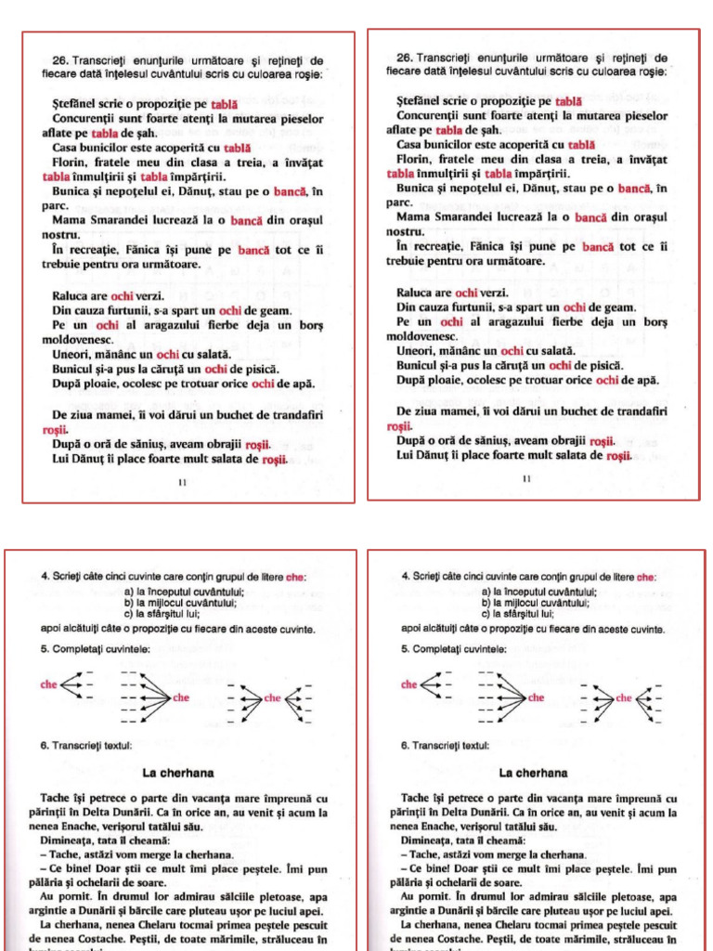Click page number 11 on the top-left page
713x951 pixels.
click(x=181, y=483)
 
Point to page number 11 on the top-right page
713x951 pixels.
click(x=525, y=479)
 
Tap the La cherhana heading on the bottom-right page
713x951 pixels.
click(x=533, y=773)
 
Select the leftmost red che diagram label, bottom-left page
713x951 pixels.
click(x=48, y=684)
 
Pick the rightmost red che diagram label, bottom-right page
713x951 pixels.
click(x=623, y=697)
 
